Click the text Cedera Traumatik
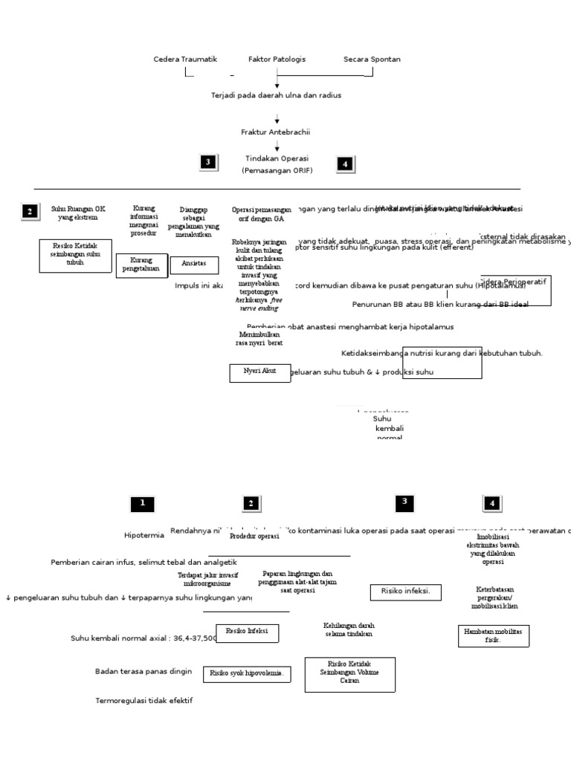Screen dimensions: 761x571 click(x=185, y=59)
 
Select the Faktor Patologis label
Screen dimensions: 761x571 click(x=277, y=59)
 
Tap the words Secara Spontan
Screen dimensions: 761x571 click(x=372, y=59)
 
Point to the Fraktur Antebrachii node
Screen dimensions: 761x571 click(x=275, y=132)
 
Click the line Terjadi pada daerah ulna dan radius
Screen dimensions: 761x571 click(x=277, y=96)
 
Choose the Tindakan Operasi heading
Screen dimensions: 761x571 click(x=277, y=158)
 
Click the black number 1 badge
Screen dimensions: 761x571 click(x=142, y=504)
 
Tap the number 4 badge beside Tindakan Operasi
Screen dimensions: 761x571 click(x=344, y=164)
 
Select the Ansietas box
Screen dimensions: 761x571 click(x=194, y=264)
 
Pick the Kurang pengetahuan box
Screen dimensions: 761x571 click(x=141, y=265)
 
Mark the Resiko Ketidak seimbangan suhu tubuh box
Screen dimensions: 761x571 click(x=75, y=255)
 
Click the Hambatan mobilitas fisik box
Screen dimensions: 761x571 click(x=492, y=635)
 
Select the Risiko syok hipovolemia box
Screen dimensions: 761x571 click(x=247, y=673)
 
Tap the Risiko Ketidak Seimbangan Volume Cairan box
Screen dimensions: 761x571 click(x=349, y=673)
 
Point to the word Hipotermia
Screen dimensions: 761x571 click(x=144, y=535)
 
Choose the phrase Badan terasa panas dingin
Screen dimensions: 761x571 click(x=143, y=671)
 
